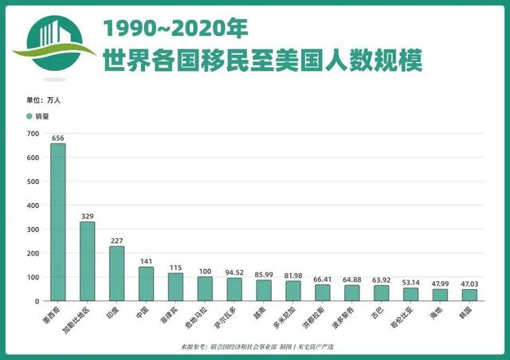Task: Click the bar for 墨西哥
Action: pos(58,222)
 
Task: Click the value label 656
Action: pos(58,138)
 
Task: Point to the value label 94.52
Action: pos(234,272)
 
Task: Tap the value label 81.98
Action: pos(293,276)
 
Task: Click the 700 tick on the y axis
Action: pos(33,134)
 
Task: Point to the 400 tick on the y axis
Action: pos(33,205)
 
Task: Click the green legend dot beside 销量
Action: pos(29,116)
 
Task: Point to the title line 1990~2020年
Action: pos(175,29)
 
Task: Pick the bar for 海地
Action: pos(439,295)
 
